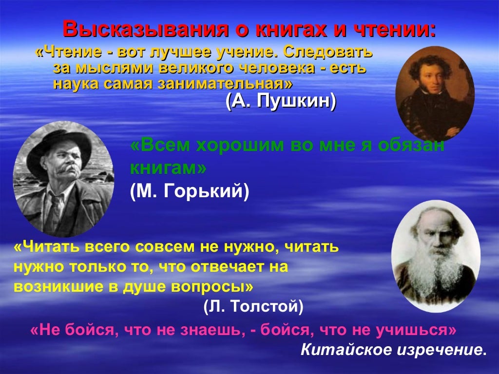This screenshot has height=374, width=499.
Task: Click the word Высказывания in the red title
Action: click(x=145, y=29)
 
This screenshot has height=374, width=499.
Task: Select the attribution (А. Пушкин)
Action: click(x=281, y=101)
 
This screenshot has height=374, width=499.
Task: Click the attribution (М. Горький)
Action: click(x=190, y=191)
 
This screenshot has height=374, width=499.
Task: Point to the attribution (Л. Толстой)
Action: click(x=253, y=306)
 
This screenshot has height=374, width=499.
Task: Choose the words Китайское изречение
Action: click(x=394, y=350)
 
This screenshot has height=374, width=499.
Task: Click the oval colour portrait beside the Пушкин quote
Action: click(x=435, y=94)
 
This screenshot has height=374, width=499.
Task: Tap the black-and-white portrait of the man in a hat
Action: click(x=63, y=179)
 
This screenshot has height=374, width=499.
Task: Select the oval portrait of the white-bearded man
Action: click(x=436, y=256)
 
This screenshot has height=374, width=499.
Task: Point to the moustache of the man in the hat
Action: click(x=66, y=169)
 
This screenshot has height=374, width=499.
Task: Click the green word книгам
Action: click(x=168, y=168)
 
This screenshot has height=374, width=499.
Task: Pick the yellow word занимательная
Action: click(x=225, y=83)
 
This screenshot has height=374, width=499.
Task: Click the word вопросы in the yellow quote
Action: click(x=212, y=286)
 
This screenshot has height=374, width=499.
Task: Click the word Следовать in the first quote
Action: click(x=327, y=52)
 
